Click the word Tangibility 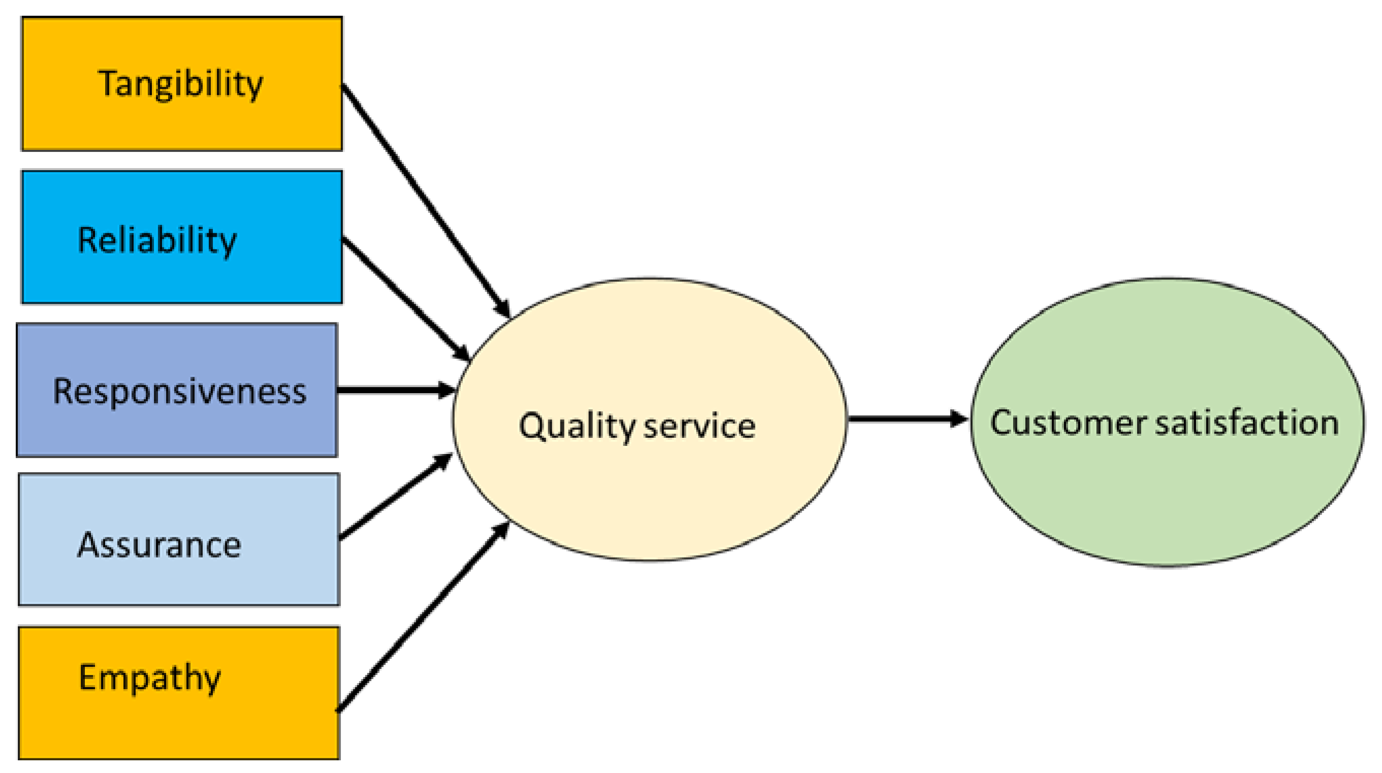click(180, 84)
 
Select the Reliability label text click(156, 240)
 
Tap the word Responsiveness click(179, 391)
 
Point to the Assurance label click(160, 545)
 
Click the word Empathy click(150, 678)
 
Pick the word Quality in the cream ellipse click(576, 427)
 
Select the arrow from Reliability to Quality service click(405, 298)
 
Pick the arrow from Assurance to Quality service click(394, 496)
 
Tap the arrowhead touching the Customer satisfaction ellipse click(958, 418)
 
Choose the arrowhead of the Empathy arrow click(501, 531)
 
